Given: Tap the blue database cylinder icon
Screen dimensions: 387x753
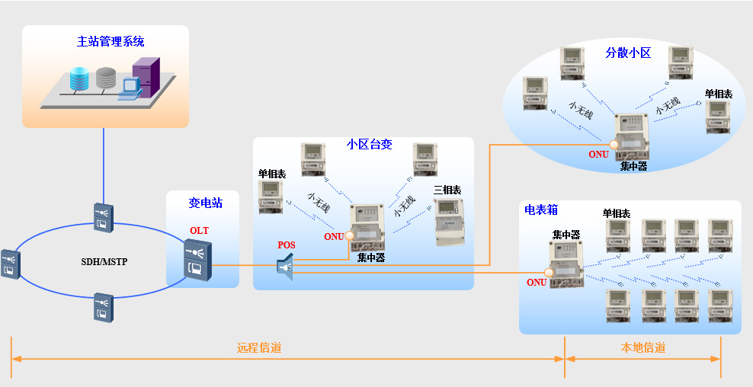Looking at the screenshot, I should (79, 78).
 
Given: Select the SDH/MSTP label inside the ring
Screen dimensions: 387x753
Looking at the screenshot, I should (104, 262).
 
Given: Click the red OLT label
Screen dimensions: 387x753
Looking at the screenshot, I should (199, 231).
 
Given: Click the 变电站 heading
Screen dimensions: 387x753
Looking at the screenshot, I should (203, 203).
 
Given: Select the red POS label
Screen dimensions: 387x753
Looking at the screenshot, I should (287, 245).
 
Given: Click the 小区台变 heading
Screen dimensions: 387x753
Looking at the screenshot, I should (369, 144).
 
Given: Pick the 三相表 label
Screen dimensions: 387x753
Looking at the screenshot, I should (447, 190).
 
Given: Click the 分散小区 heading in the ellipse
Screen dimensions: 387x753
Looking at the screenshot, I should (628, 53).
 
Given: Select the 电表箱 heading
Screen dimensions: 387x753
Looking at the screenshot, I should (540, 209).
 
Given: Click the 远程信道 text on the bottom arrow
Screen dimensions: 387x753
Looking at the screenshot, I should (259, 348).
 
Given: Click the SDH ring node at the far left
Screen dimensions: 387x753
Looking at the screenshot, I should (8, 263).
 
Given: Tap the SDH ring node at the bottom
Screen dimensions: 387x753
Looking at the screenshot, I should (103, 307).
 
